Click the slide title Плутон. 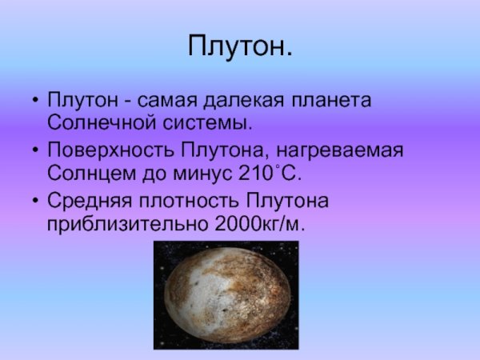pos(240,46)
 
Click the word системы pos(211,124)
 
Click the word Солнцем pos(89,172)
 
